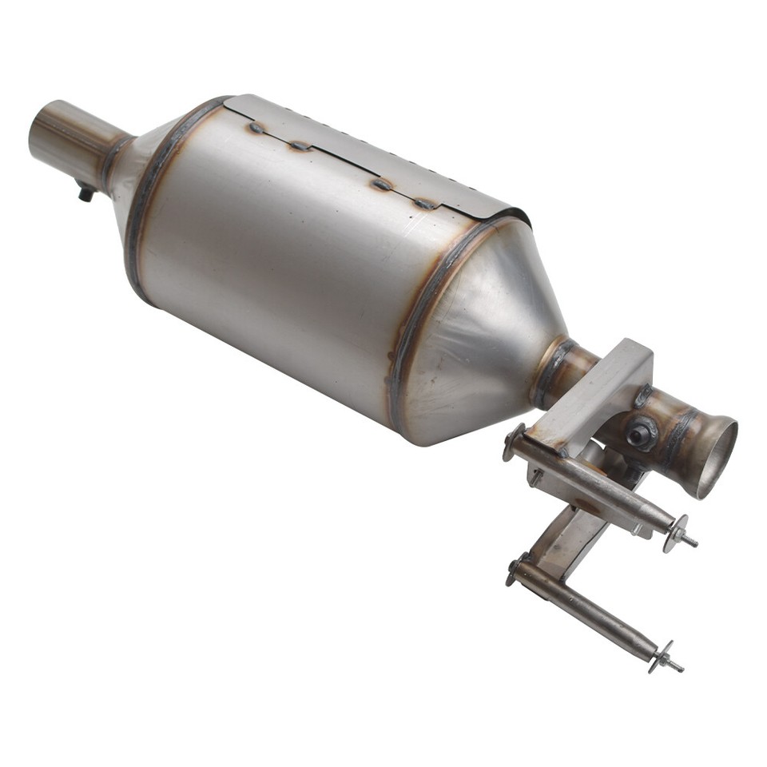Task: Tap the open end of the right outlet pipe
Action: coord(717,457)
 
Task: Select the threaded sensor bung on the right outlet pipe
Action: coord(640,433)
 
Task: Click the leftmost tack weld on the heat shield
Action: coord(257,128)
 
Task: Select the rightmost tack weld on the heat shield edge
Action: coord(424,204)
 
